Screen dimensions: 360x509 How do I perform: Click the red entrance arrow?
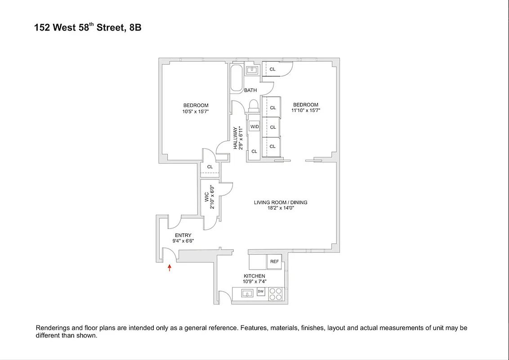click(170, 268)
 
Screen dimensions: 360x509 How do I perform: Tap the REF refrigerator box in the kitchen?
click(274, 261)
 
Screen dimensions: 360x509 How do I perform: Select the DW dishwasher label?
click(261, 292)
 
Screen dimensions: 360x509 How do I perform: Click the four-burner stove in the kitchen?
click(275, 294)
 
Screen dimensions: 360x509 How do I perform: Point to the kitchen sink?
click(246, 294)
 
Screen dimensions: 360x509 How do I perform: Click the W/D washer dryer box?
click(254, 127)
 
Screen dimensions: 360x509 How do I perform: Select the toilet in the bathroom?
click(254, 106)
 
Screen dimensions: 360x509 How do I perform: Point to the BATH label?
click(250, 90)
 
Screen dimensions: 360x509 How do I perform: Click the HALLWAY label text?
click(235, 138)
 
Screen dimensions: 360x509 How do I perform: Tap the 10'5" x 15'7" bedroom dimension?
click(196, 111)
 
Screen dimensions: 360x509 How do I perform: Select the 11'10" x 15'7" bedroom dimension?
click(305, 110)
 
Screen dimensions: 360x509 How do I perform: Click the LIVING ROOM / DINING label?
click(281, 202)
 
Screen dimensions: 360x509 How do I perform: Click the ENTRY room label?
click(183, 235)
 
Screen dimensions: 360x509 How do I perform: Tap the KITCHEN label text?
click(254, 276)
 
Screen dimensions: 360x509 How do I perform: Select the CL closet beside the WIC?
click(210, 167)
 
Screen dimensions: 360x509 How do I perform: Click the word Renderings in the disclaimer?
click(52, 328)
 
